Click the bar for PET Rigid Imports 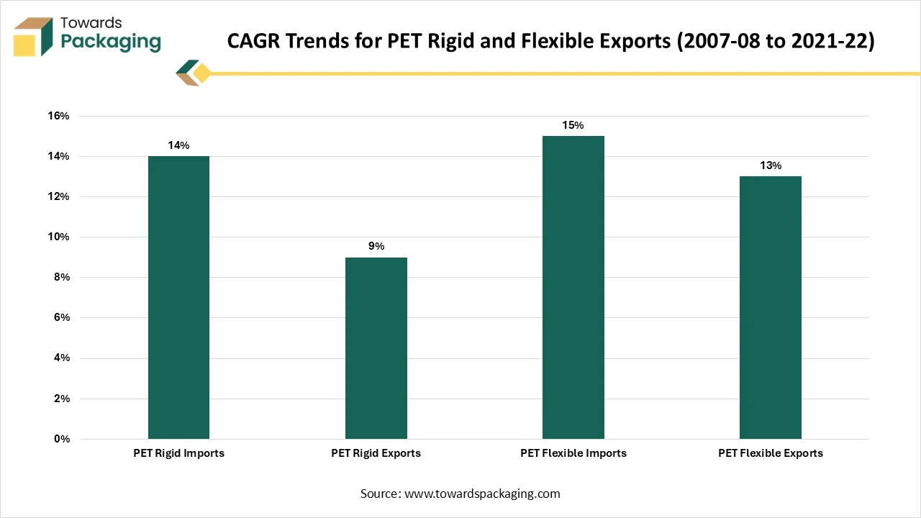[178, 297]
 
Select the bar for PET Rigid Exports [376, 348]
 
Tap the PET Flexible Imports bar [573, 287]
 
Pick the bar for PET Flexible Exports [771, 307]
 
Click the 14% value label [178, 145]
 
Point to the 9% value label [376, 246]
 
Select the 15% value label [573, 125]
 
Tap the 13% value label [771, 165]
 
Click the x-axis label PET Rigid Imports [178, 453]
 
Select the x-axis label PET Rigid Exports [376, 453]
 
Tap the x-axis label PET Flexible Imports [573, 453]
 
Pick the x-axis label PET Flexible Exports [771, 453]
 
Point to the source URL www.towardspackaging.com [482, 494]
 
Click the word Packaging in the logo [111, 41]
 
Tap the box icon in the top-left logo [33, 36]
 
